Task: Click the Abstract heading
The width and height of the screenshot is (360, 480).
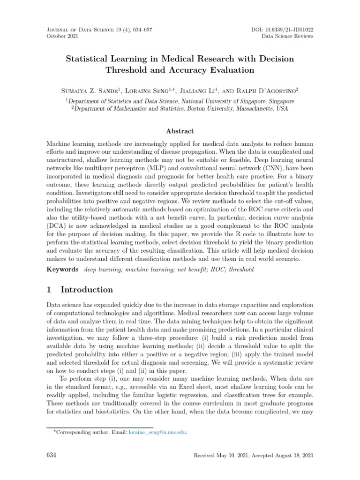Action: [180, 131]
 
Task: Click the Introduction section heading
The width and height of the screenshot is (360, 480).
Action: [88, 290]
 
